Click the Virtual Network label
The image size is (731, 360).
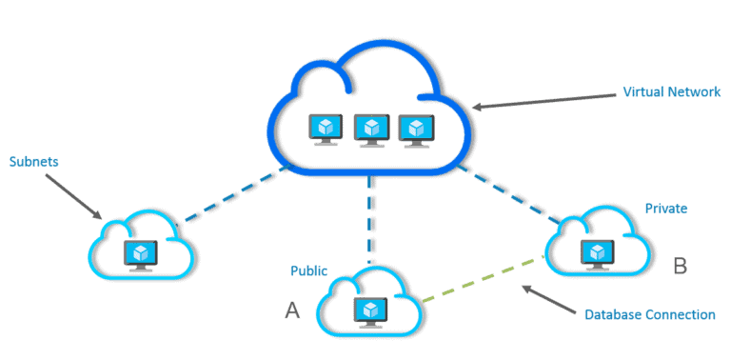coord(667,93)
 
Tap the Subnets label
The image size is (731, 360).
coord(33,162)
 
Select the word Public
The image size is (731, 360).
coord(308,270)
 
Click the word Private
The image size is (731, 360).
coord(665,208)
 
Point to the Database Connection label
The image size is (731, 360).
coord(649,313)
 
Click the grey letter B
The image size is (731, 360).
coord(680,266)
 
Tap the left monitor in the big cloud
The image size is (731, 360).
coord(326,129)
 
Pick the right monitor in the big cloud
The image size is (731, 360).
coord(414,129)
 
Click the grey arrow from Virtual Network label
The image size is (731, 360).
coord(543,101)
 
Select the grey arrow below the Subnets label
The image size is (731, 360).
coord(74,195)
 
